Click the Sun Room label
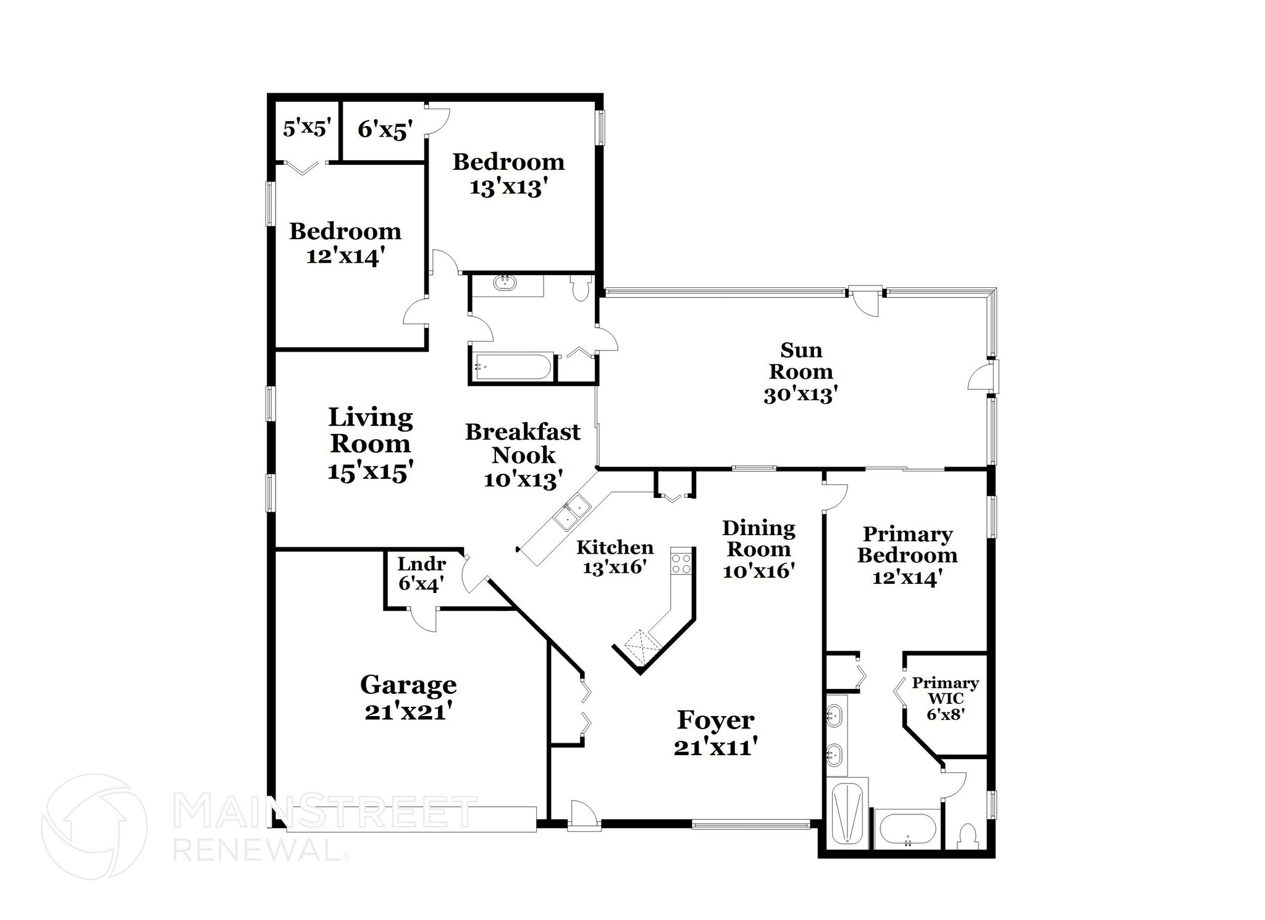click(801, 361)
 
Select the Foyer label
click(715, 720)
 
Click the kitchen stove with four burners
click(681, 562)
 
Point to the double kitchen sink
click(572, 512)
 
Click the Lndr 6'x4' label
click(421, 573)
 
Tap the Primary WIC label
click(945, 691)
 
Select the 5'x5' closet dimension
click(307, 129)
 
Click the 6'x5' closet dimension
click(385, 130)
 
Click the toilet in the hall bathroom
click(581, 288)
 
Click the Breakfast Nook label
click(523, 443)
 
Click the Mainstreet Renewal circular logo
click(94, 826)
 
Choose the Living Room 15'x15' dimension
click(370, 472)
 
